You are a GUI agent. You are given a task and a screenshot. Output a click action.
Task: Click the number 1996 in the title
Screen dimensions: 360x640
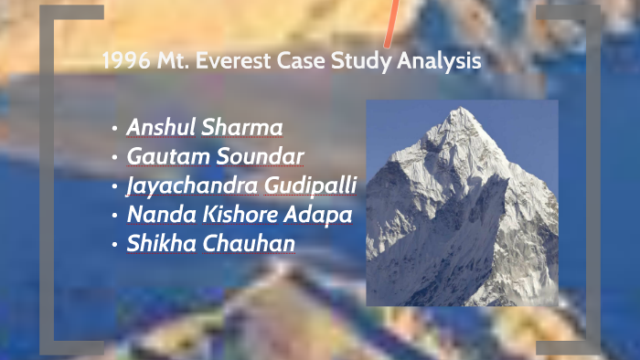(x=121, y=62)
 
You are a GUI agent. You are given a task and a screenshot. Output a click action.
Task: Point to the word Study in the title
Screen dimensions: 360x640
(x=368, y=62)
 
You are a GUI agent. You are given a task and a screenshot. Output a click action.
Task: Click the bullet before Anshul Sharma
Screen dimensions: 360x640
(x=114, y=128)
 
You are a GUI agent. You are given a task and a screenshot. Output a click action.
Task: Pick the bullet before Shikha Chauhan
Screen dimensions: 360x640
(x=114, y=246)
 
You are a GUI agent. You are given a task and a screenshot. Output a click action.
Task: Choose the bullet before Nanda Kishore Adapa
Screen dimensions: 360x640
(x=114, y=217)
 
